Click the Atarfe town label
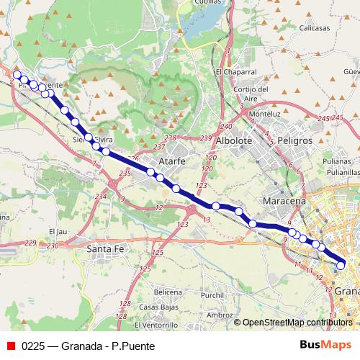coord(172,161)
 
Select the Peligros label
coord(293,141)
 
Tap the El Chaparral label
coord(235,72)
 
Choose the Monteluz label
coord(264,114)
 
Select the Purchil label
coord(213,295)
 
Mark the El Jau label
coord(57,231)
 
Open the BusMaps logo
coord(321,344)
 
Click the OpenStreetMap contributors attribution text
coord(295,322)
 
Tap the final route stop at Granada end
coord(341,266)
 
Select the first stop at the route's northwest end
coord(17,74)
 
